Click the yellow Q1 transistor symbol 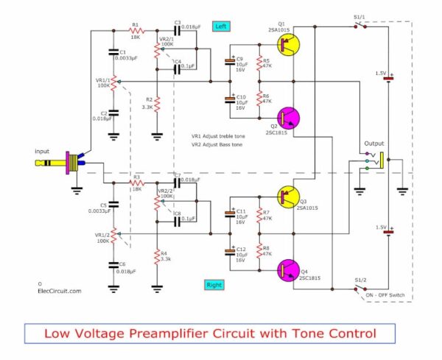(288, 45)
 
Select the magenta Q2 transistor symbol (288, 118)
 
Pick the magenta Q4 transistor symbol (288, 269)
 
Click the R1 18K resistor (136, 32)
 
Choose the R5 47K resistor (259, 63)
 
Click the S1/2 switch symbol (359, 286)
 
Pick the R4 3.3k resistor (157, 258)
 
